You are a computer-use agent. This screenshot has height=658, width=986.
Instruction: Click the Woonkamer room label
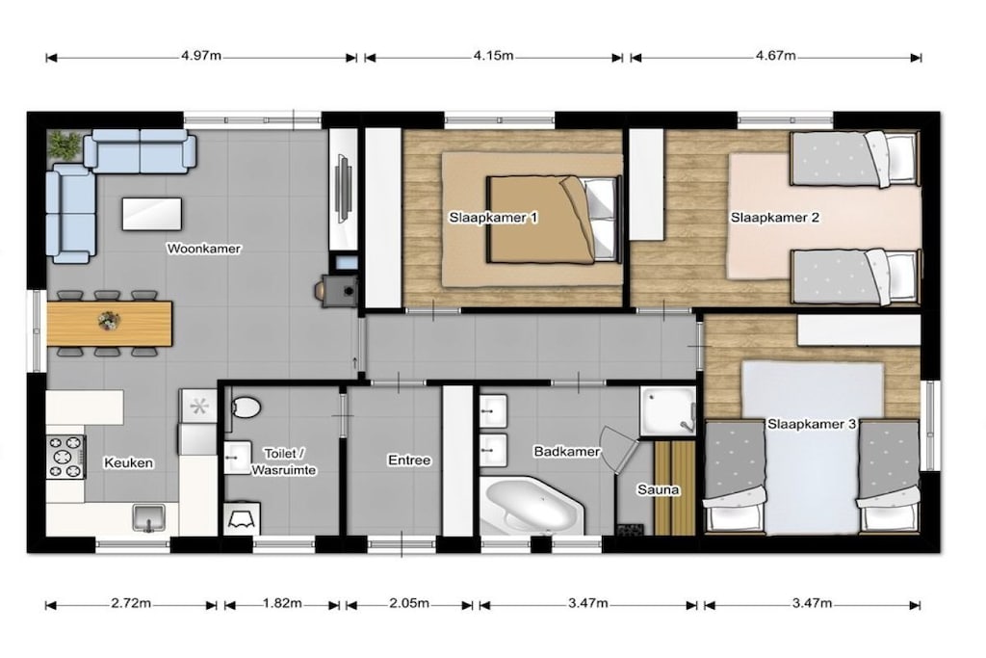coord(204,249)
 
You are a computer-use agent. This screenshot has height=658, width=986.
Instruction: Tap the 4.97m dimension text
coord(201,55)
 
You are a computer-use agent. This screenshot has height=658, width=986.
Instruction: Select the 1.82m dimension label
coord(282,603)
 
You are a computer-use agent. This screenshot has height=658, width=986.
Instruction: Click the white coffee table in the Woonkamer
coord(152,214)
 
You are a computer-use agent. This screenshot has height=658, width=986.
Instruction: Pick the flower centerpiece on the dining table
coord(109,321)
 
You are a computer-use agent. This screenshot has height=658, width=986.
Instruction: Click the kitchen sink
coord(149,517)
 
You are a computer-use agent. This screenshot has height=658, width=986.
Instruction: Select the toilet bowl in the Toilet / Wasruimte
coord(246,408)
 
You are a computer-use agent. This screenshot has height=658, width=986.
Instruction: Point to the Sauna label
coord(659,489)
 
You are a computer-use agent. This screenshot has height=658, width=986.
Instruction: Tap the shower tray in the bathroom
coord(668,410)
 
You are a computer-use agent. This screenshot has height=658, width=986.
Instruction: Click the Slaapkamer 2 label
coord(775,218)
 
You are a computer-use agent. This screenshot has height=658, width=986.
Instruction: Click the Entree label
coord(409,461)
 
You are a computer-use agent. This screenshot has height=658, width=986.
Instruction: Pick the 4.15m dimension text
coord(494,55)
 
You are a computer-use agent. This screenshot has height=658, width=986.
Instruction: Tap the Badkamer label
coord(566,451)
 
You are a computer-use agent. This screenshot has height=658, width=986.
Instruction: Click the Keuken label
coord(128,463)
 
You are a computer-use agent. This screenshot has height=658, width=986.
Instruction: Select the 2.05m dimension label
coord(409,603)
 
